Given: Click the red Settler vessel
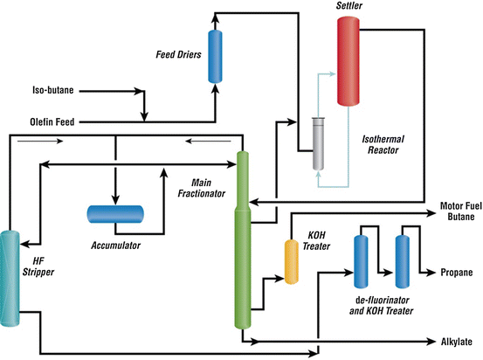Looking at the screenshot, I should [350, 60].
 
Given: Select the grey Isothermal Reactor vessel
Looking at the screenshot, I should [318, 143].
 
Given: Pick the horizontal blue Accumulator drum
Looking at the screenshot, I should [115, 213].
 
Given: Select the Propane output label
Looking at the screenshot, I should [456, 273].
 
